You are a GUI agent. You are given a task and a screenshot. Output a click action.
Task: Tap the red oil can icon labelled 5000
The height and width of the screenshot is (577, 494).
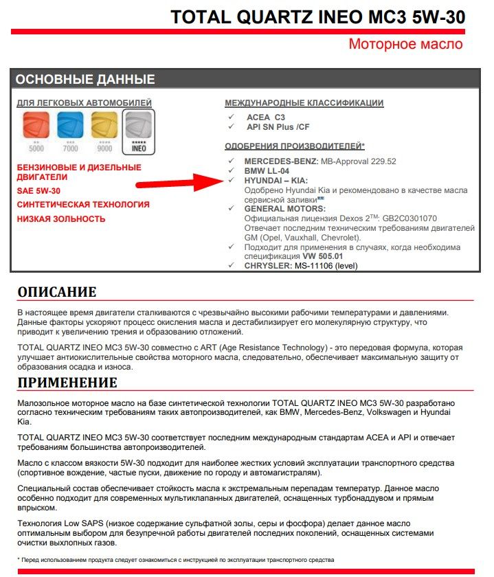coord(36,128)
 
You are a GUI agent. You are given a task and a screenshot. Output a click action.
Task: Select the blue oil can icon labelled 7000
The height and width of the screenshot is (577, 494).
coord(69,128)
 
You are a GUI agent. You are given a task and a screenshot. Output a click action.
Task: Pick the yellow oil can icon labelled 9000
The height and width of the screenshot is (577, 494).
coord(104,128)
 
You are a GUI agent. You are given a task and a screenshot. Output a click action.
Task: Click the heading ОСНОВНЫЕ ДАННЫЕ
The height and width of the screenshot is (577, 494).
coord(85,79)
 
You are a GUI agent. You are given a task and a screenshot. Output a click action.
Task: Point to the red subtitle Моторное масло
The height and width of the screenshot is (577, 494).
coord(405,45)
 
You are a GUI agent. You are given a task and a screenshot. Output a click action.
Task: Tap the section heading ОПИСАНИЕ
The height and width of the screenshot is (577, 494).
coord(57,291)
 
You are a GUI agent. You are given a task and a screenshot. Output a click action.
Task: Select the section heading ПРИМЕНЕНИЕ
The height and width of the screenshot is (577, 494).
coord(67,382)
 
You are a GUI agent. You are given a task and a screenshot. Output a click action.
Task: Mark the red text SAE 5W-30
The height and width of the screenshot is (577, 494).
coord(38,191)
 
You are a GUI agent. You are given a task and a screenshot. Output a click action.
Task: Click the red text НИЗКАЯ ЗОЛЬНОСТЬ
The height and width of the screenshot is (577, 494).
coord(61,219)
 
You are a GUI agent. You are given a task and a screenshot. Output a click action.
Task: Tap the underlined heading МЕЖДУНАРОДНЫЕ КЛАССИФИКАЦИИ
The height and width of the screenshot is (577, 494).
coord(304,103)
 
